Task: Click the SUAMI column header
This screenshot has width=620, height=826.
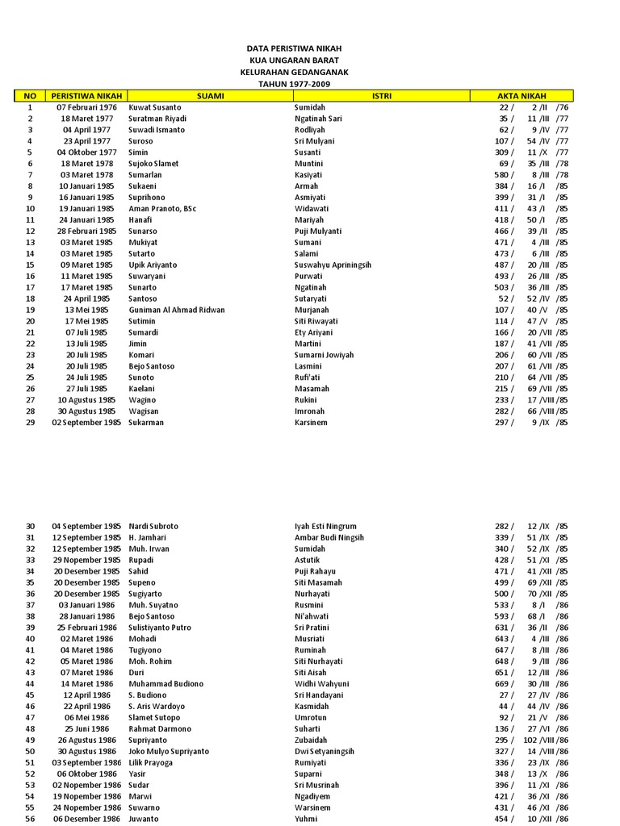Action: [210, 96]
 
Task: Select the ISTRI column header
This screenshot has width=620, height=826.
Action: [381, 96]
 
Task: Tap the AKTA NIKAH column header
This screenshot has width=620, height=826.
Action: [522, 96]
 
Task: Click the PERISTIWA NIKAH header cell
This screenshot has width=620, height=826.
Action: [86, 96]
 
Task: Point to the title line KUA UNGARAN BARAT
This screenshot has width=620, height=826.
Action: [293, 60]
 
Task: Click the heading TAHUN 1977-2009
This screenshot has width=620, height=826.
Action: [293, 84]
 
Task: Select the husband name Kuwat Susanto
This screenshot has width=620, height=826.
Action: [155, 107]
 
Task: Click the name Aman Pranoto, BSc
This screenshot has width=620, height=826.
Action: [162, 209]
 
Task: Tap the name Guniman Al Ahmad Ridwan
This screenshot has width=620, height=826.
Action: [177, 310]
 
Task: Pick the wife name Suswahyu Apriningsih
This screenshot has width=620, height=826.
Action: [333, 265]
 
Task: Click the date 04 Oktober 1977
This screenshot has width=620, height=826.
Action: [86, 152]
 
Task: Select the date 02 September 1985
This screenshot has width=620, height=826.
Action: [86, 422]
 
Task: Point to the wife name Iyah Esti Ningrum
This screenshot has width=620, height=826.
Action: [325, 526]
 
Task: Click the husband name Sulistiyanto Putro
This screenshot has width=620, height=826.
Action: [160, 628]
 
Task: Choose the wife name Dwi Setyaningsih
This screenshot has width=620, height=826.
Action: [325, 751]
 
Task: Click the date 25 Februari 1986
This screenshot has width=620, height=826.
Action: [86, 628]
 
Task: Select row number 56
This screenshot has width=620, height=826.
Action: [30, 819]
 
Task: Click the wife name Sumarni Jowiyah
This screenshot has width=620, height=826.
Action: [324, 355]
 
